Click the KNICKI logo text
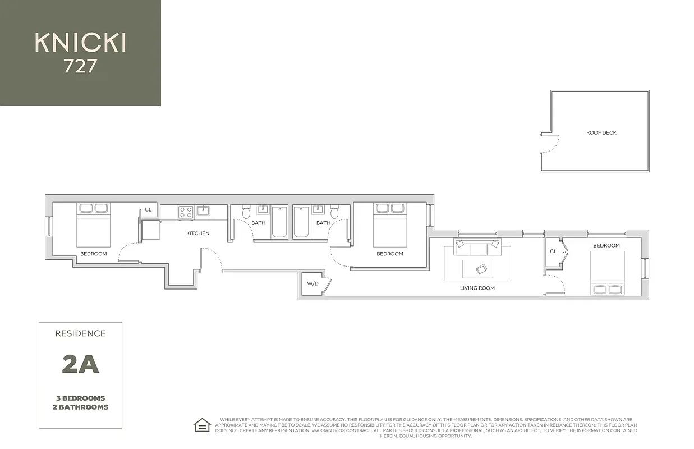[x=80, y=43]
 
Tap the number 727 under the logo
[x=80, y=67]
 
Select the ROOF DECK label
[x=601, y=133]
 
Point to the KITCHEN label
[x=197, y=233]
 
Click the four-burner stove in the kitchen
[x=186, y=212]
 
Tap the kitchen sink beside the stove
[x=203, y=211]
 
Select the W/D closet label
[x=312, y=283]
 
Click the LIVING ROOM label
[x=477, y=288]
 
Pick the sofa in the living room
[x=477, y=245]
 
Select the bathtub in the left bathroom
[x=279, y=223]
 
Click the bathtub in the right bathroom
[x=301, y=223]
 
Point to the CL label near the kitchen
[x=148, y=210]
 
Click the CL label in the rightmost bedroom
[x=553, y=251]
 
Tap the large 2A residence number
[x=80, y=364]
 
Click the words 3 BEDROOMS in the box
[x=80, y=398]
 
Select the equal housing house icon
[x=201, y=425]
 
